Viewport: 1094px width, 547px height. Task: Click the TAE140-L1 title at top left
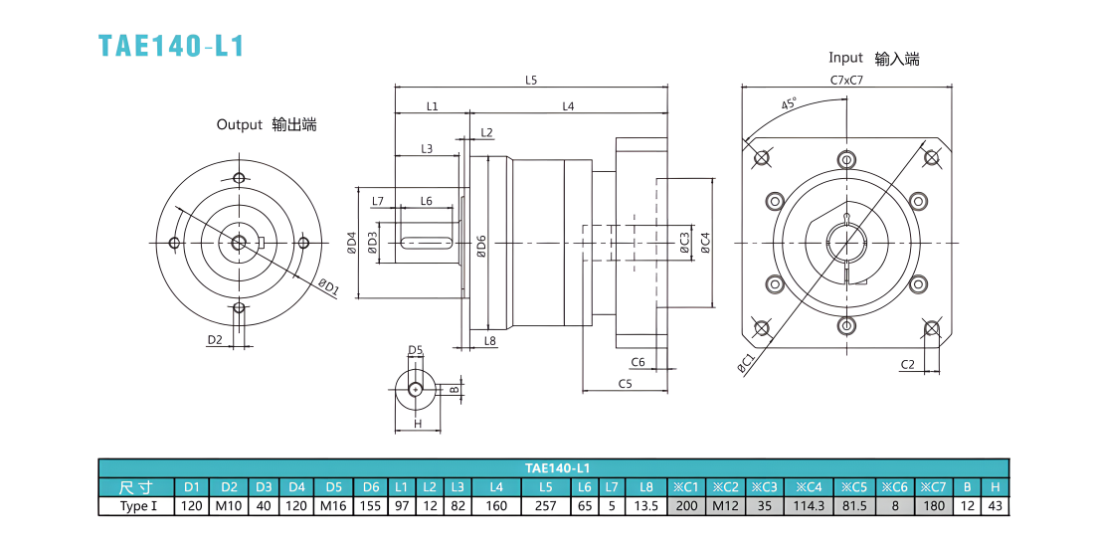(171, 46)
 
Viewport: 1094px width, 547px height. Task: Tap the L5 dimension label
(531, 80)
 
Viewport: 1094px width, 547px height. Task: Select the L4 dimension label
(568, 106)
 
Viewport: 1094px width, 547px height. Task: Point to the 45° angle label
(789, 104)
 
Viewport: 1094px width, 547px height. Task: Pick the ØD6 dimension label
(481, 247)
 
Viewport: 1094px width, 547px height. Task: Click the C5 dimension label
(625, 383)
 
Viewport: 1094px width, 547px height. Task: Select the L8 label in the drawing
(489, 341)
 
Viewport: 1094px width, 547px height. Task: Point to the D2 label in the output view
(214, 340)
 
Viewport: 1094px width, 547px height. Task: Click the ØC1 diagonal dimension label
(746, 364)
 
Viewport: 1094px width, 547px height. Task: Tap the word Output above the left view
(240, 125)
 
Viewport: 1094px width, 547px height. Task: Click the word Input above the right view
(845, 58)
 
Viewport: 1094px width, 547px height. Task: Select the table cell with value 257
(545, 506)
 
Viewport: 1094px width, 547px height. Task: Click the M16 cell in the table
(334, 506)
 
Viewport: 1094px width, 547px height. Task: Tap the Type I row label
(137, 506)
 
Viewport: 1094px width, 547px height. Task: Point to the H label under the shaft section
(418, 424)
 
